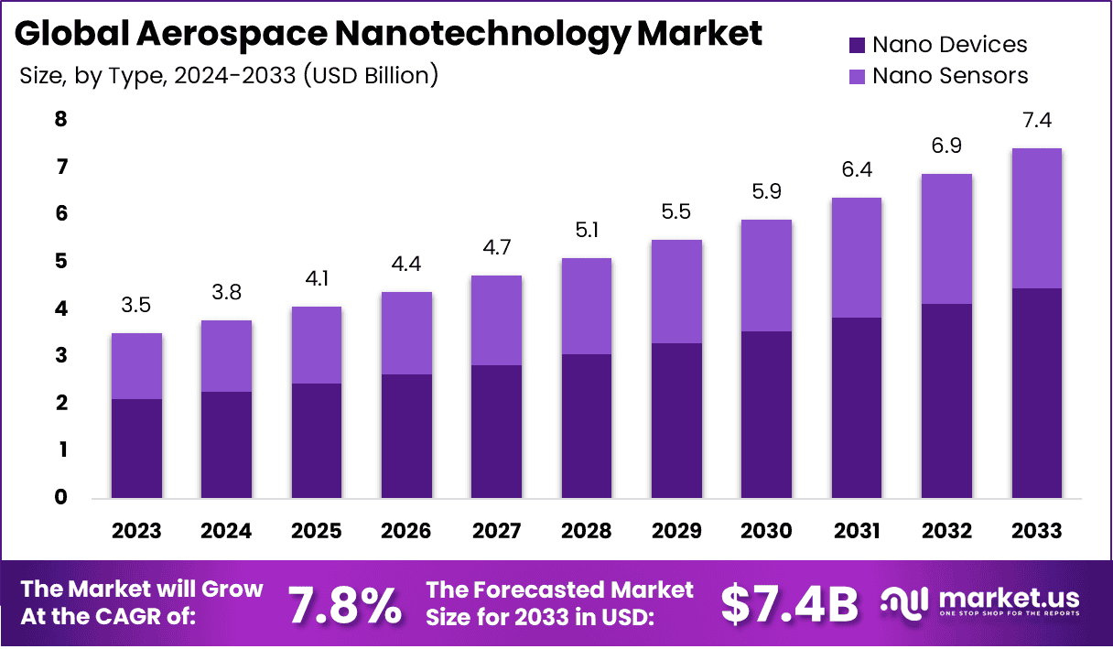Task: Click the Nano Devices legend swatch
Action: (x=858, y=45)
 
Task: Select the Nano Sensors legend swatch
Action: (x=858, y=76)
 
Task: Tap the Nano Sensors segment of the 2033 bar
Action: (x=1036, y=218)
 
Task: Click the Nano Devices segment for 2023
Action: (x=136, y=449)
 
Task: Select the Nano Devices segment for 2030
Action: (x=766, y=415)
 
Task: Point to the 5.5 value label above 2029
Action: (x=676, y=211)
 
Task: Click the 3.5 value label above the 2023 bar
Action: (x=136, y=305)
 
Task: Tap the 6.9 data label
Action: (x=946, y=146)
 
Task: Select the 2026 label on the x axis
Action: (x=406, y=532)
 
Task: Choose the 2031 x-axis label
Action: (x=856, y=532)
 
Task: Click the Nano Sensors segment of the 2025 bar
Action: (x=317, y=345)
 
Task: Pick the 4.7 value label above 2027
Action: (x=496, y=248)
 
